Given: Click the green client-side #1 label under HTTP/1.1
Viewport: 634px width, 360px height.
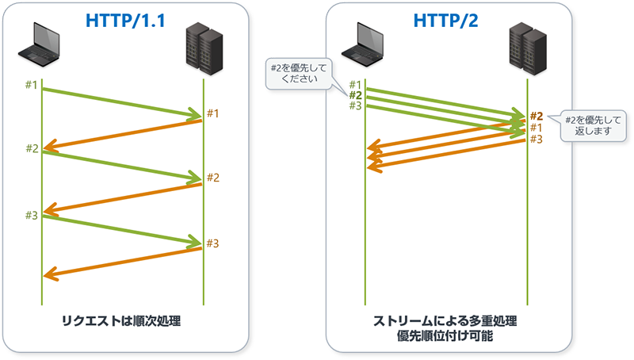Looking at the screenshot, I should point(31,85).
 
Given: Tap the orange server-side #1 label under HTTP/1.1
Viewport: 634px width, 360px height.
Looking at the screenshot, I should point(212,113).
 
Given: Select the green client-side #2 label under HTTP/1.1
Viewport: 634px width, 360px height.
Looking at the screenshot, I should point(31,148).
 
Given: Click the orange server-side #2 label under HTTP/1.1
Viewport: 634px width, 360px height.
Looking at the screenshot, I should point(212,177).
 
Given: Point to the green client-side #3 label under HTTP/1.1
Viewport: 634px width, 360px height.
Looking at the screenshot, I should point(31,215).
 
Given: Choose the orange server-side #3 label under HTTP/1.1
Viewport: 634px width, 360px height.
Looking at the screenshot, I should point(212,243).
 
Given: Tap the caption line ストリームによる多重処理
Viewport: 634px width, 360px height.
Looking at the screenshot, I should point(445,321).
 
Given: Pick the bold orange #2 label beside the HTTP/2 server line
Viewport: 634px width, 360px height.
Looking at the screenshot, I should point(536,116).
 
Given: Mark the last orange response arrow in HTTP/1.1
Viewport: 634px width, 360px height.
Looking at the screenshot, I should point(123,262).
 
